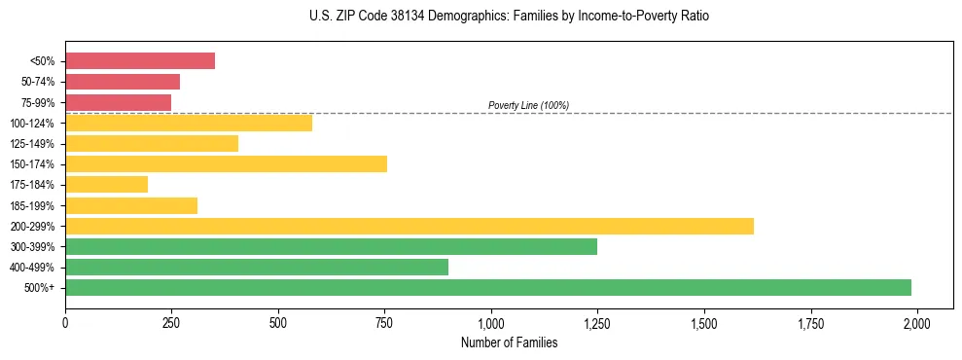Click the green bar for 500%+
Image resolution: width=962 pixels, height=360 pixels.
coord(487,287)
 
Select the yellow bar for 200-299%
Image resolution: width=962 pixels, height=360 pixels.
coord(409,226)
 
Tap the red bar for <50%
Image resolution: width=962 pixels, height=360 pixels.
coord(140,61)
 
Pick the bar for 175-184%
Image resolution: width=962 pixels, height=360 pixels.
coord(106,185)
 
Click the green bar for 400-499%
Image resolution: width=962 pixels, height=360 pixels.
coord(257,267)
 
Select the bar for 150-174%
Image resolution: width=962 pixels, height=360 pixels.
coord(226,164)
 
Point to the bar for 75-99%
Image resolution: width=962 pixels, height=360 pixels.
coord(118,102)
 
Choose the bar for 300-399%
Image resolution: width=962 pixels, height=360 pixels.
coord(331,246)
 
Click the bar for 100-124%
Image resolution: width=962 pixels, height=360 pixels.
coord(189,123)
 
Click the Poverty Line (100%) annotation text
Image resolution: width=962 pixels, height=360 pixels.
coord(528,105)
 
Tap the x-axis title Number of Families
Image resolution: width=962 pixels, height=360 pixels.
coord(509,342)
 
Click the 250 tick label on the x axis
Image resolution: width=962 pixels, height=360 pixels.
coord(171,322)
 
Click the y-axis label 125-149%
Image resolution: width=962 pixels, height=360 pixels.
coord(34,144)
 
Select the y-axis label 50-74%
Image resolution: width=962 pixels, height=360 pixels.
coord(38,82)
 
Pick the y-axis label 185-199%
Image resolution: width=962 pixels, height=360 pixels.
coord(34,205)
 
